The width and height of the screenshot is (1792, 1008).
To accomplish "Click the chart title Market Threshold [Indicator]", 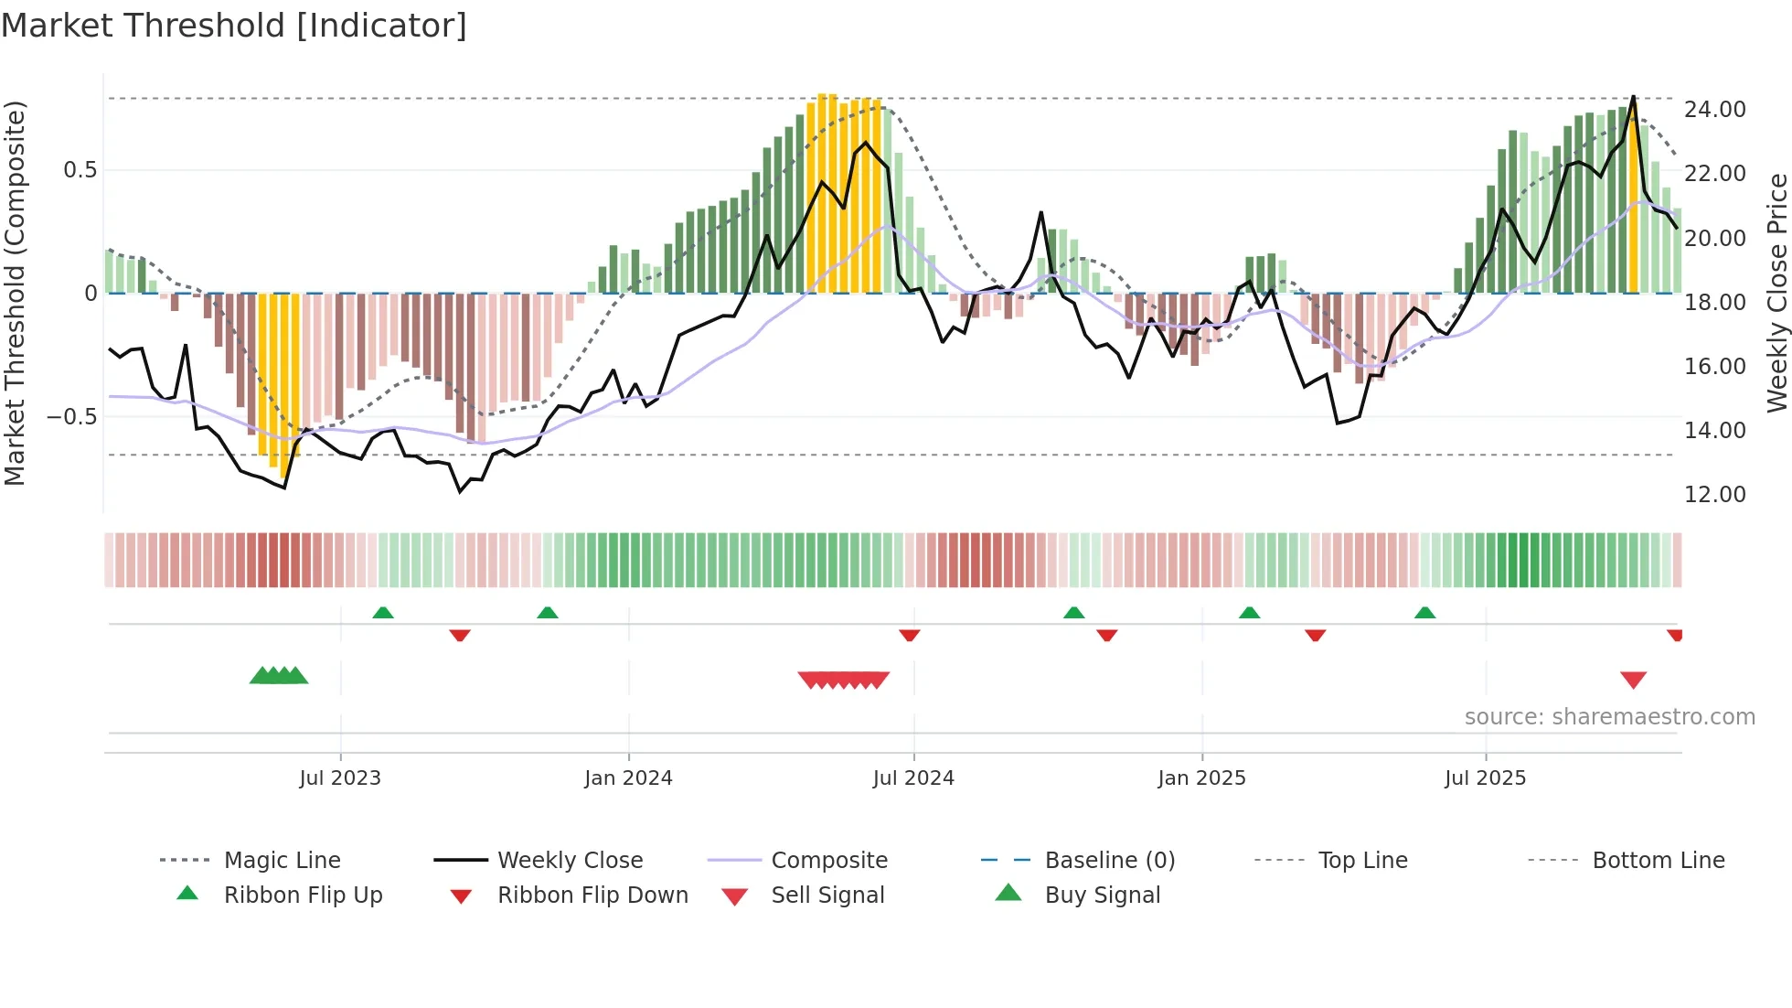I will click(x=234, y=26).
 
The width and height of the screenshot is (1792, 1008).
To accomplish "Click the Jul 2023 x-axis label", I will click(x=339, y=778).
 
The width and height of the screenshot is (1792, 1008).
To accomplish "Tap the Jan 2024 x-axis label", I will click(x=628, y=778).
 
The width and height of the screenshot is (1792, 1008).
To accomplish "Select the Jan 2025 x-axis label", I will click(x=1201, y=778).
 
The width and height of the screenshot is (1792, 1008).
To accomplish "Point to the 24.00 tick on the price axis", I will click(x=1714, y=110).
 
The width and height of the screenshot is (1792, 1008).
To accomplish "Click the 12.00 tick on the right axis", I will click(x=1714, y=495).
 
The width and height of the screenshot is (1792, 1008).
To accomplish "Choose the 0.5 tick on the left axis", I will click(x=80, y=170).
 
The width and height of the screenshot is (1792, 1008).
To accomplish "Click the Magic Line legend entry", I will click(x=282, y=861).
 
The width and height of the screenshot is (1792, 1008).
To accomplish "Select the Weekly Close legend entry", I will click(x=570, y=861).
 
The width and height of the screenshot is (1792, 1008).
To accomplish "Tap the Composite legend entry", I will click(x=828, y=861).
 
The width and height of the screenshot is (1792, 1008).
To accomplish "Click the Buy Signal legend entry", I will click(x=1102, y=895).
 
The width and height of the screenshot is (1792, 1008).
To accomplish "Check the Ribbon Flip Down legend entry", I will click(x=592, y=895).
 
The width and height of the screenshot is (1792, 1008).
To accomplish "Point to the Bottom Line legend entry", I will click(x=1658, y=861).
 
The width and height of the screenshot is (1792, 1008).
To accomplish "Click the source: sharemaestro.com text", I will click(x=1609, y=717).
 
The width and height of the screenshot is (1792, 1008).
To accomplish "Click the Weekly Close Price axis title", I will click(x=1776, y=293).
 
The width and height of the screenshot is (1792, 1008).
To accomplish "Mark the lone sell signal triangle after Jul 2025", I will click(x=1633, y=680).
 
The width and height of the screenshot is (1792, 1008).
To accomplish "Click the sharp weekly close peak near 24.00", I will click(x=1633, y=97).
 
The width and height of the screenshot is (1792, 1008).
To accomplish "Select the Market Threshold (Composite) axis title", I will click(x=15, y=293).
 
